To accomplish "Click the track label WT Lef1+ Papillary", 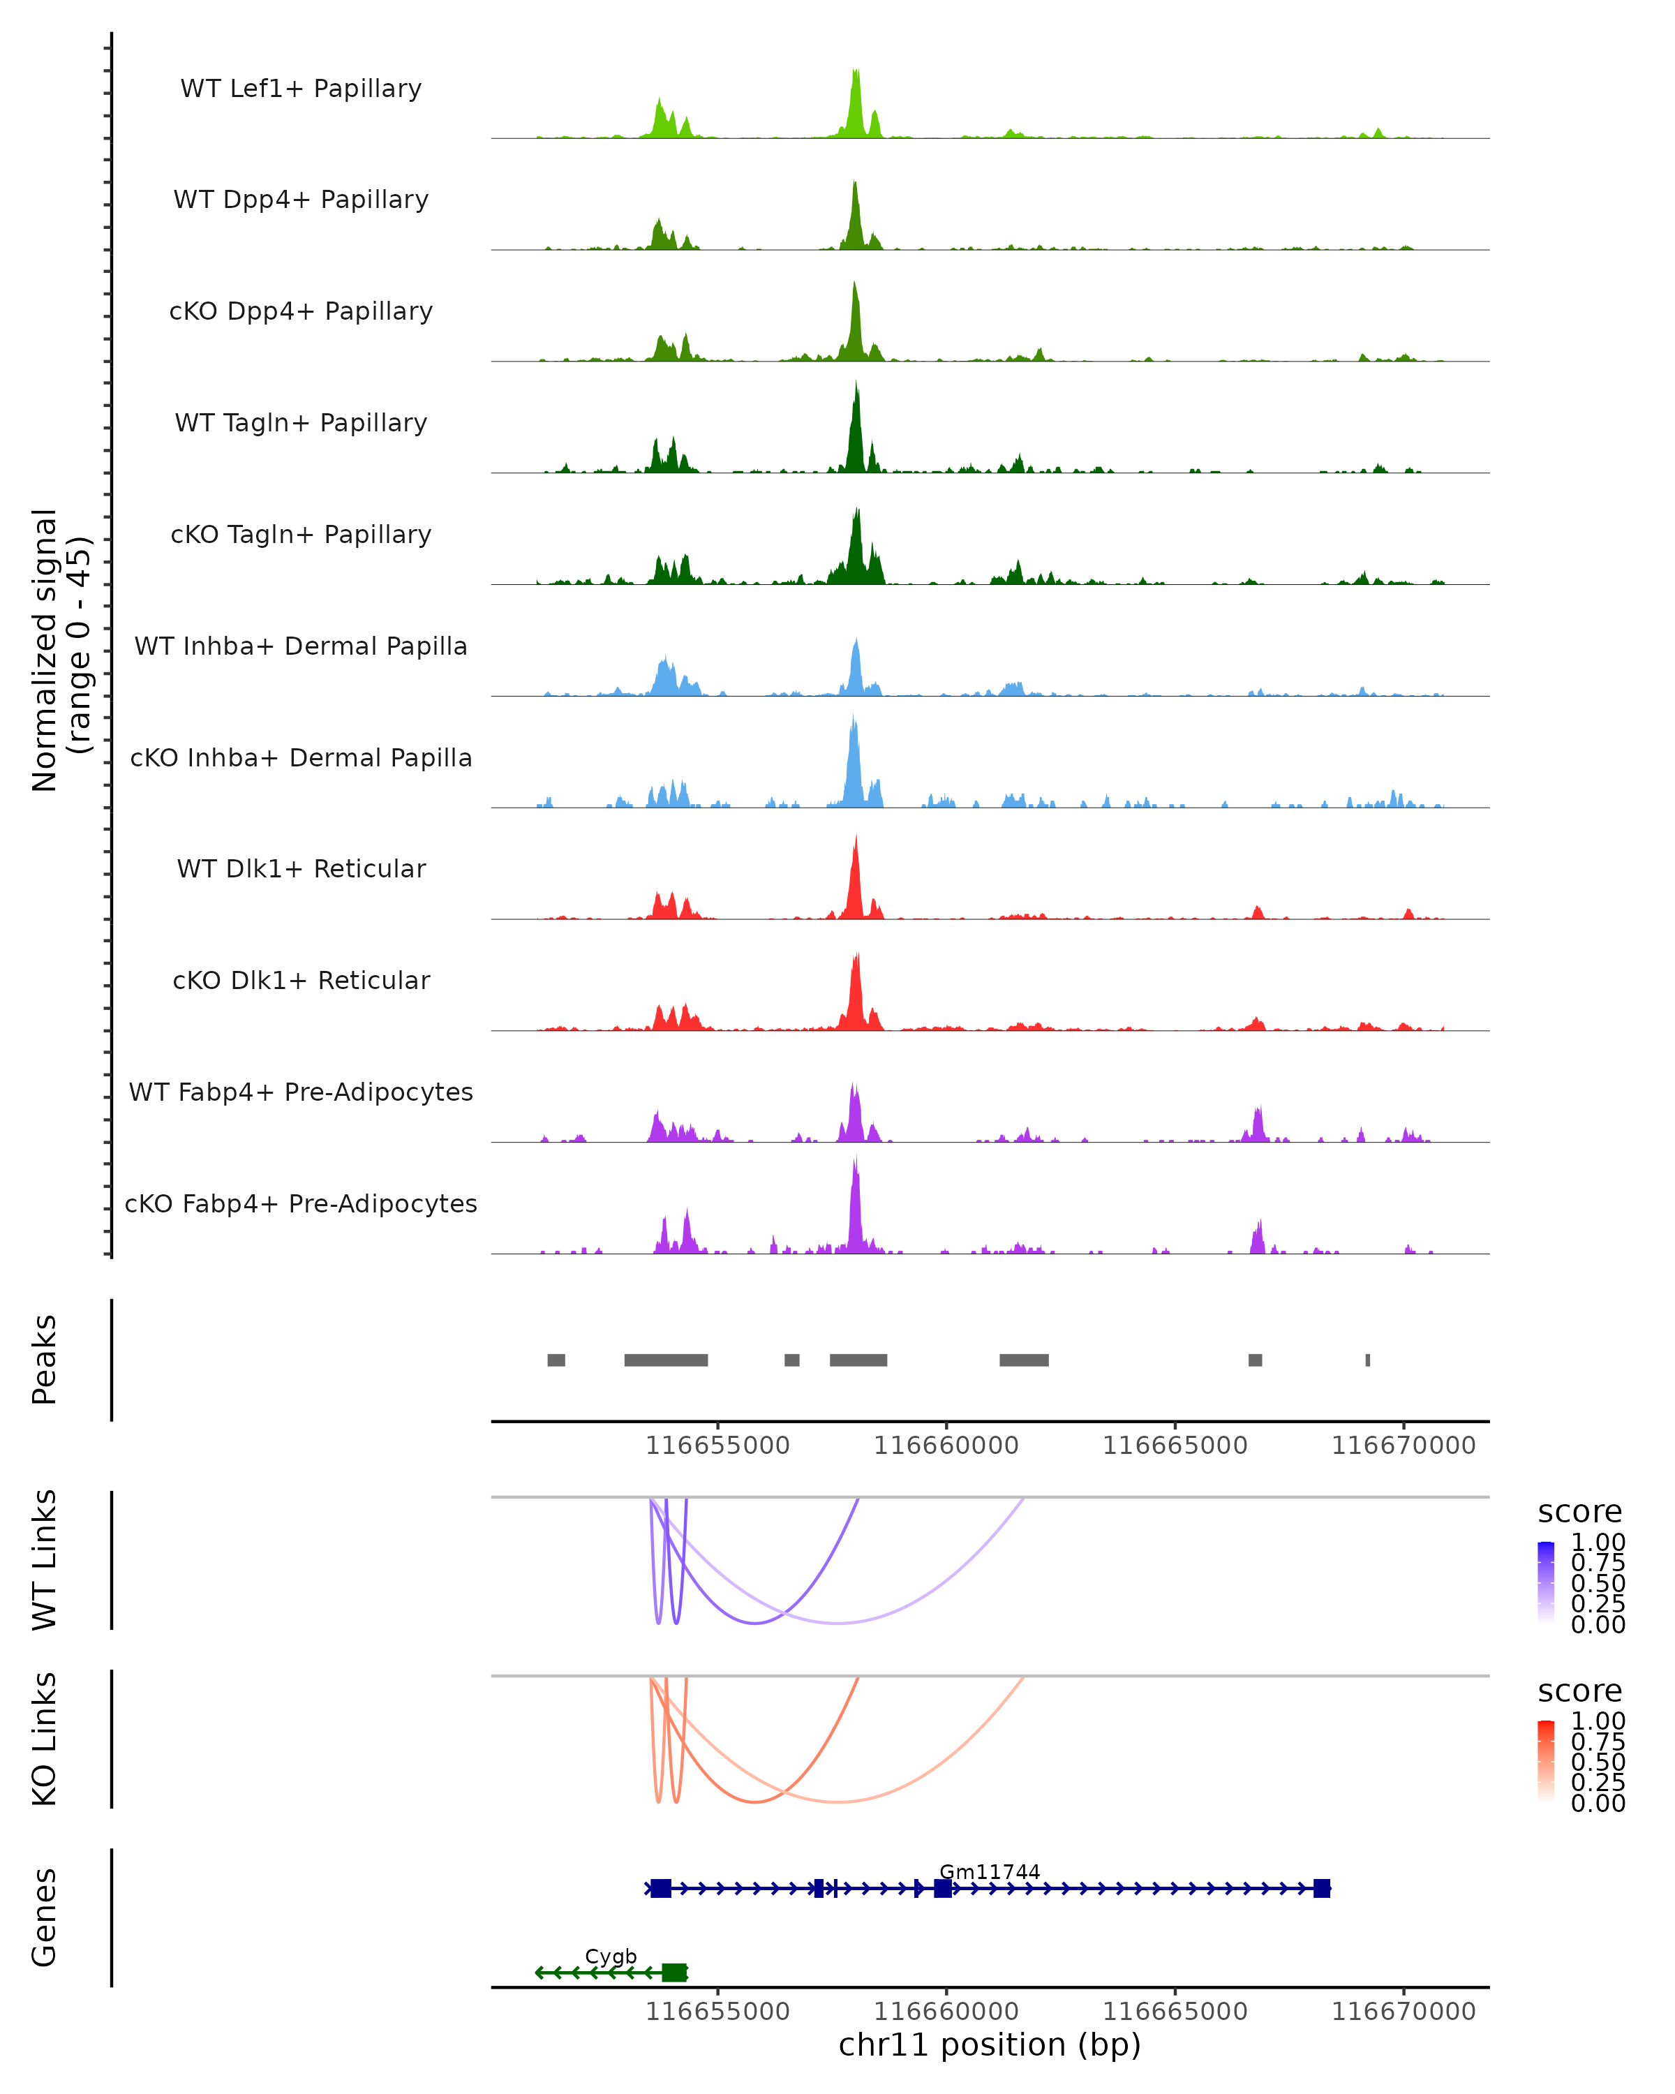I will point(301,89).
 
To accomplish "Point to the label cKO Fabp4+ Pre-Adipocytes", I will point(301,1203).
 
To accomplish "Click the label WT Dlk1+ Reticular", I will point(301,868).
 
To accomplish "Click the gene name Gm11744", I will point(990,1871).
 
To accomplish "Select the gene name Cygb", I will point(611,1956).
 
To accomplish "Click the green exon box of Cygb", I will point(674,1973).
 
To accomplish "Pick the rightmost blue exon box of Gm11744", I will point(1322,1888).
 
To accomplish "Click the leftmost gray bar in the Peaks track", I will point(556,1360).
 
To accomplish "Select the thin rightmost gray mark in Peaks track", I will point(1367,1360).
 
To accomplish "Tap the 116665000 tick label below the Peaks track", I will point(1175,1446).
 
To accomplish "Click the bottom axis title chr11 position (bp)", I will point(990,2044).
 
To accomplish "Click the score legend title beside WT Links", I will point(1580,1513).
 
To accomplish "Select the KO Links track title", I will point(45,1739).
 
